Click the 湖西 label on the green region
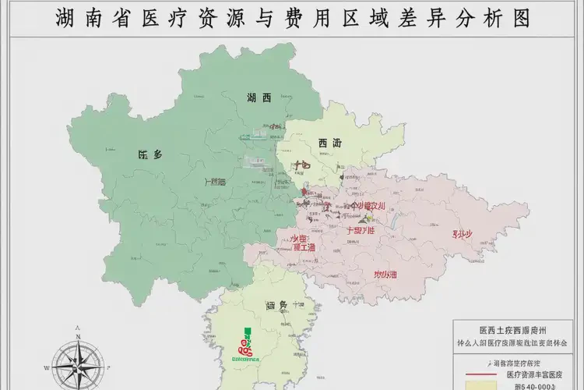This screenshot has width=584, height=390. pyautogui.click(x=259, y=97)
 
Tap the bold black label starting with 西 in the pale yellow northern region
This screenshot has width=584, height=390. pyautogui.click(x=329, y=143)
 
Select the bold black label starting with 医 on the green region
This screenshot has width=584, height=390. pyautogui.click(x=150, y=154)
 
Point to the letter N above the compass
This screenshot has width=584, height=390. pyautogui.click(x=78, y=328)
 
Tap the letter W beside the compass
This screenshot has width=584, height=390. pyautogui.click(x=47, y=365)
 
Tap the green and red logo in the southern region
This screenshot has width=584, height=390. pyautogui.click(x=248, y=343)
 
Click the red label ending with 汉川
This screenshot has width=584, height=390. pyautogui.click(x=368, y=206)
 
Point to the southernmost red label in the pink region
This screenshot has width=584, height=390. pyautogui.click(x=385, y=275)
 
